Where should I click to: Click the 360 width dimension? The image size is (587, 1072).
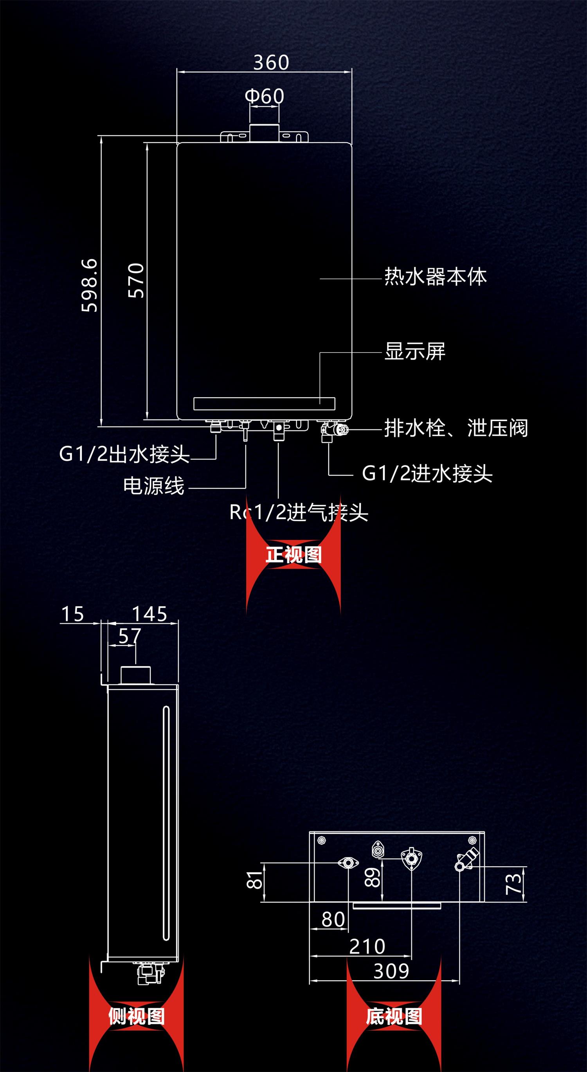point(271,63)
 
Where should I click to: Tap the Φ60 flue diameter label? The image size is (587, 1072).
point(265,96)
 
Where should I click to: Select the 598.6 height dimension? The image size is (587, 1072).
point(90,285)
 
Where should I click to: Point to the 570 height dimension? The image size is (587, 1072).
point(136,280)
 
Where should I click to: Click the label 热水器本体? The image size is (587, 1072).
point(435,276)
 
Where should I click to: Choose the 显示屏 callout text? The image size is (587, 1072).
point(415,351)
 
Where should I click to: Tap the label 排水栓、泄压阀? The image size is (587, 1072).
point(456,428)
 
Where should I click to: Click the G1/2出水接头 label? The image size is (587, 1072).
point(124,453)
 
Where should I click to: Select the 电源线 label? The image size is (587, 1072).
point(154,486)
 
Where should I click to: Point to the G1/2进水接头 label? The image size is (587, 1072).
point(427,473)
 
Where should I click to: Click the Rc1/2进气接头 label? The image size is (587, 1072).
point(299,512)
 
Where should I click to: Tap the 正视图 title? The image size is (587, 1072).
point(293,554)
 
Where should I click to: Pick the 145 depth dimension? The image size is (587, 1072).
point(149,614)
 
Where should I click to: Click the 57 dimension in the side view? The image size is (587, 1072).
point(130,636)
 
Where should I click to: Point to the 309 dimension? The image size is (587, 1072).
point(391,971)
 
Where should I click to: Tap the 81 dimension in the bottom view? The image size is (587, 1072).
point(255,880)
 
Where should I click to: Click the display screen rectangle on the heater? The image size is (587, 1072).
point(265,403)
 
